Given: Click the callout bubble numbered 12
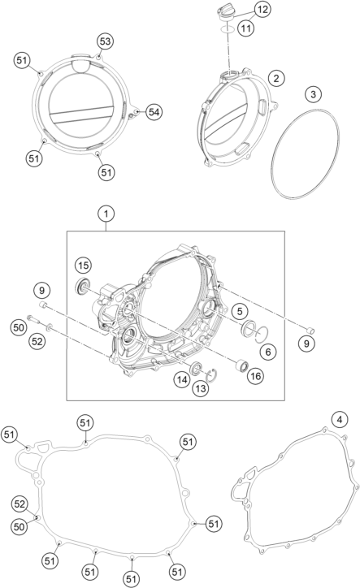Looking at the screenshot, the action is (262, 10).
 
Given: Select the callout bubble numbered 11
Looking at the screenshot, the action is (245, 28).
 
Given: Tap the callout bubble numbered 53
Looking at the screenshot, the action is (105, 41).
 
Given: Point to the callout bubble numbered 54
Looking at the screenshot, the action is (154, 112).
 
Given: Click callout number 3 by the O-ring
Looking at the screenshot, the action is (314, 93).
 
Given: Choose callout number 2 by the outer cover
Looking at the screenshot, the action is (276, 79).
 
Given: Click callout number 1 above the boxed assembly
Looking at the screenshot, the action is (106, 214).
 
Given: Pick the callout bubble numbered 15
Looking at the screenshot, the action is (84, 266).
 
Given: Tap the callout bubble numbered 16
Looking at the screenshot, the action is (256, 376).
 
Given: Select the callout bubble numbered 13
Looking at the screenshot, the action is (201, 388).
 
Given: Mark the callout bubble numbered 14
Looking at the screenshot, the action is (182, 380).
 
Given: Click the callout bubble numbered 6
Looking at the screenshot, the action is (268, 352).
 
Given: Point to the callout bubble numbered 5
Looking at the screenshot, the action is (240, 311).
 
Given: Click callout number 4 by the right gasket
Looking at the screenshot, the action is (340, 420).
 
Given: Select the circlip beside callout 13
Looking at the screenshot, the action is (211, 375).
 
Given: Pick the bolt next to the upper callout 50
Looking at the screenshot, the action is (33, 320).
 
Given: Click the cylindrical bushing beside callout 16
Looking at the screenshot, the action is (241, 365).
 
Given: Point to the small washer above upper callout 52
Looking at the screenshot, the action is (50, 328).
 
